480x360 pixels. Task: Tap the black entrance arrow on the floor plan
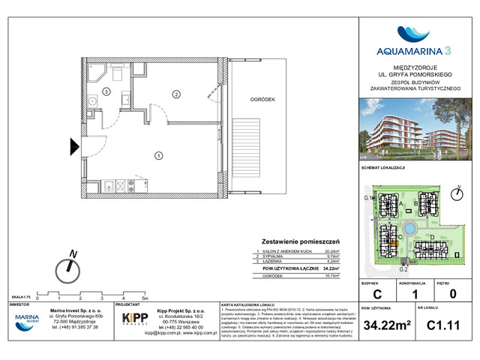pos(75,147)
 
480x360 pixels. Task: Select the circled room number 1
pos(159,155)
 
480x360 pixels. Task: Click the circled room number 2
pos(176,94)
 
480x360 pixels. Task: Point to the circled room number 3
pos(106,91)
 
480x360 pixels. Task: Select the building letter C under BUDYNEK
pos(376,293)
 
